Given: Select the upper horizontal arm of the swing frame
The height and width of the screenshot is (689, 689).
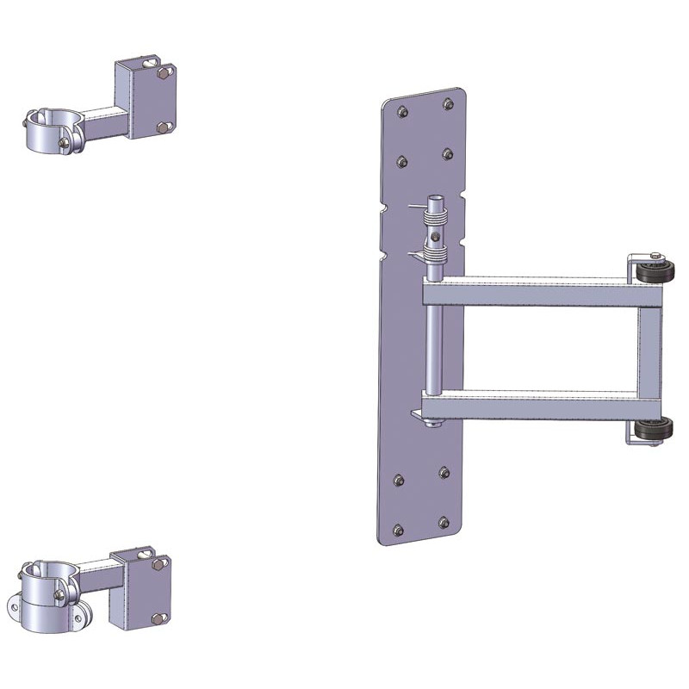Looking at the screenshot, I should click(x=534, y=293).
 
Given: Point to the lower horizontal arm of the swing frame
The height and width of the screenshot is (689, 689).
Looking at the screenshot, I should click(x=534, y=402).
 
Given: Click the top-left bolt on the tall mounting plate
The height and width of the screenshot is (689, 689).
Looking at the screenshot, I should click(x=402, y=109).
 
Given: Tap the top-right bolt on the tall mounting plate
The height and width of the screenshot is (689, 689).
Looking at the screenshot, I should click(x=448, y=104).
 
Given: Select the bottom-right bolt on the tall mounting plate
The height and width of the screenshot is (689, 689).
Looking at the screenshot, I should click(x=444, y=523).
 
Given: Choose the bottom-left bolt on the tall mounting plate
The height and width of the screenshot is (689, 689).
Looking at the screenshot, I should click(x=398, y=529).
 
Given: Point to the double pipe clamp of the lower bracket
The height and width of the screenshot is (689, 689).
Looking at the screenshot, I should click(x=47, y=594).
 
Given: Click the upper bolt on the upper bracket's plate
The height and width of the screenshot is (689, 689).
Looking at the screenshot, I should click(x=161, y=76).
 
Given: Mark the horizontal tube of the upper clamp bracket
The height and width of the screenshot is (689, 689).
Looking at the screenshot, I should click(x=103, y=121).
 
